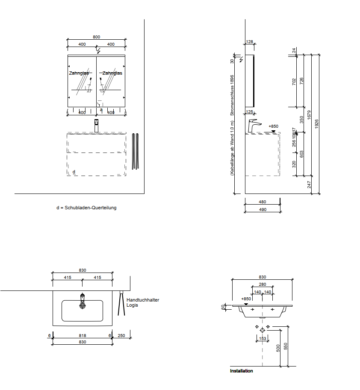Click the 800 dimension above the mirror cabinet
coord(97,37)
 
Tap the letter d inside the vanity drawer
coord(74,172)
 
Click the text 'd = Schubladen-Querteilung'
coord(86,208)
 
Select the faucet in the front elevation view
coord(97,126)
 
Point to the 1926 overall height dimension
coord(316,123)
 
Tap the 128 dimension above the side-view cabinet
coord(250,42)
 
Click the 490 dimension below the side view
coord(263,209)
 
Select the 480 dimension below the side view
coord(263,202)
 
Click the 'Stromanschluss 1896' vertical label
coord(232,96)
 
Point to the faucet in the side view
coord(253,126)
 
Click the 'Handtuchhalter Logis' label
coord(143,302)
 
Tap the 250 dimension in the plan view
coord(121,336)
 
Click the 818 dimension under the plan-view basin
coord(83,336)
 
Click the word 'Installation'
coord(242,371)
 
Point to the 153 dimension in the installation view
coord(263,339)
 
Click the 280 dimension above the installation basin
coord(263,284)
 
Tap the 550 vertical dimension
coord(286,346)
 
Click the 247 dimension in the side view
coord(309,185)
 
